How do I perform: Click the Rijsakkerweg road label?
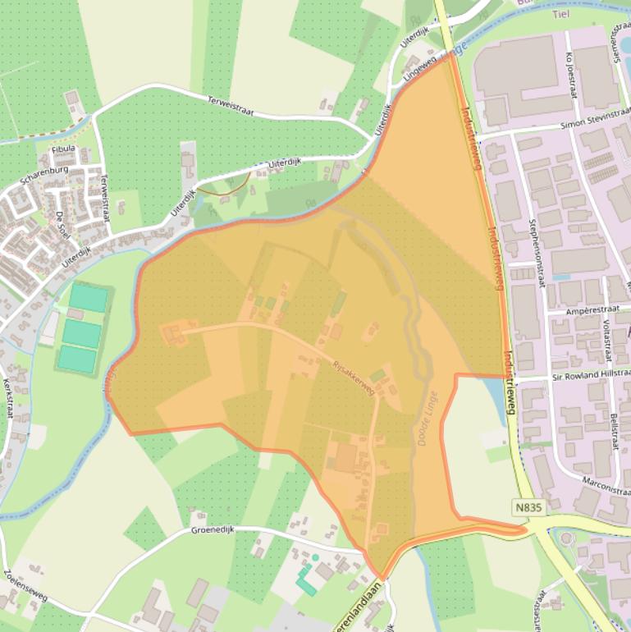[353, 378]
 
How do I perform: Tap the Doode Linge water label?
[428, 419]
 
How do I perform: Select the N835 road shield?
[529, 508]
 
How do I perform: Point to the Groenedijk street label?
[213, 530]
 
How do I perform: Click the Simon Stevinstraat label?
[595, 124]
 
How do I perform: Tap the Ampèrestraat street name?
[590, 312]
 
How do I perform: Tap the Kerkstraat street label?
[10, 394]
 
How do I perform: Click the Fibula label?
[63, 149]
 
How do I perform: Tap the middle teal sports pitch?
[83, 333]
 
